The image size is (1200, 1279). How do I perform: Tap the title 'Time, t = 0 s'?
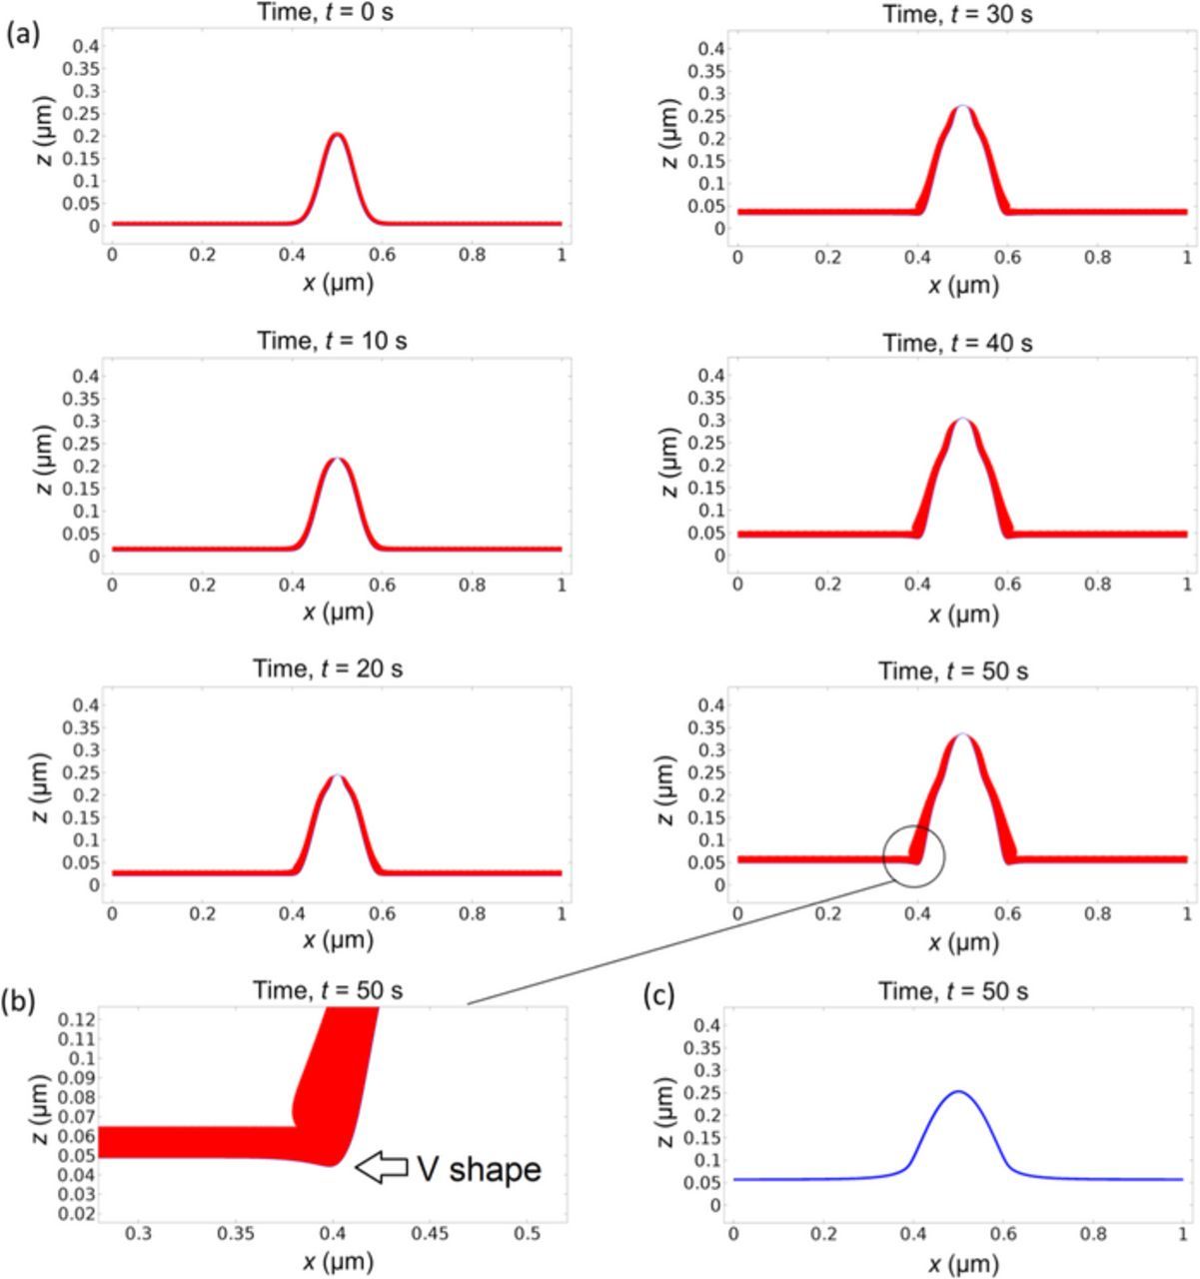337,12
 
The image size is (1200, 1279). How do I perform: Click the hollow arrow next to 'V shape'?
382,1167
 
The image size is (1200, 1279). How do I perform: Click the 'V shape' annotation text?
479,1168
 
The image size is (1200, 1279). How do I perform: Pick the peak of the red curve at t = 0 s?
337,134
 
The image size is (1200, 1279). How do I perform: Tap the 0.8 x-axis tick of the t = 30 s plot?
1097,257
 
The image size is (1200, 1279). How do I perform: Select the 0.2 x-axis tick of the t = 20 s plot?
202,912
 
